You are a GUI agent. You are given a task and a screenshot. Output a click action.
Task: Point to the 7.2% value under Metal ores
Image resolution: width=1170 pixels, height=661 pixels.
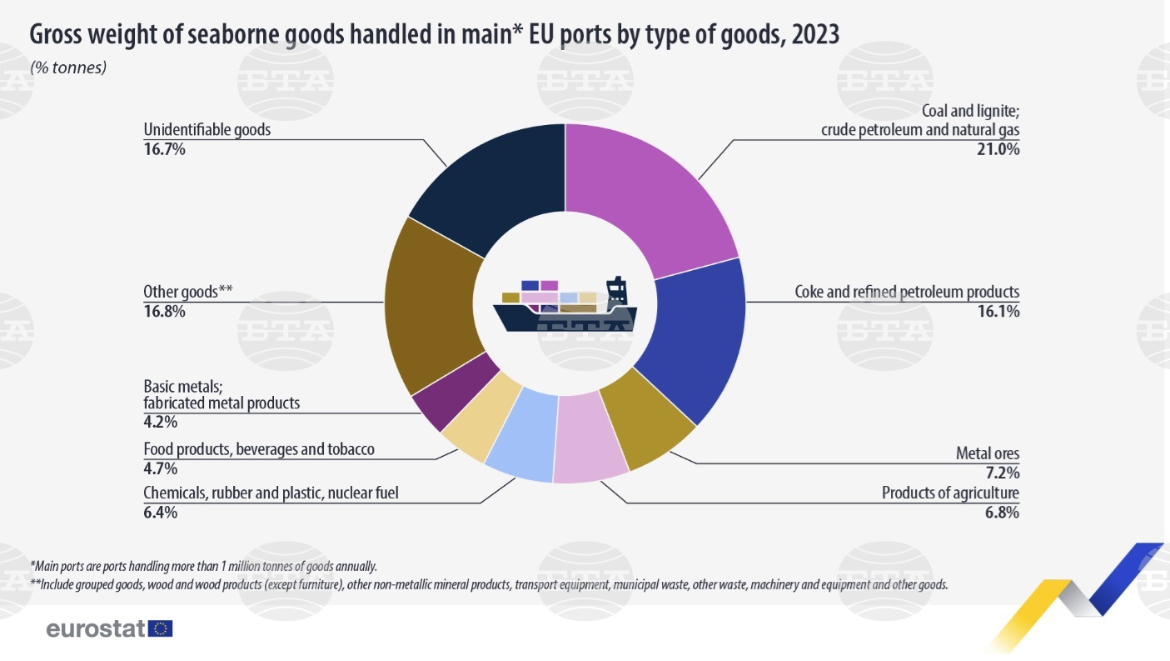point(1003,473)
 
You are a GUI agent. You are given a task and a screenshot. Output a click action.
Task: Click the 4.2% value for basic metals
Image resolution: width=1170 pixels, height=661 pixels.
point(161,422)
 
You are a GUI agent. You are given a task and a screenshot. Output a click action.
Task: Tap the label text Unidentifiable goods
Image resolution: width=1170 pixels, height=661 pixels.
point(207,130)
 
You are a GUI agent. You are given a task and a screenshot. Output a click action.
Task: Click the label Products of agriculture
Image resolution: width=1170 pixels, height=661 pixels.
point(950,493)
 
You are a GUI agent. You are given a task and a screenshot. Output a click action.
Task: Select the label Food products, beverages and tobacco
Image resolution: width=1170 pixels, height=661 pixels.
point(259,449)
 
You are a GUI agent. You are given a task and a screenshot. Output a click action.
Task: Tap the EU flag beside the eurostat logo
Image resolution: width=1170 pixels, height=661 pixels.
point(160,628)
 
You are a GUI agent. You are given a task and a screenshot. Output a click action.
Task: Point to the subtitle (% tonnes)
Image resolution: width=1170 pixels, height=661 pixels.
point(68,68)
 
